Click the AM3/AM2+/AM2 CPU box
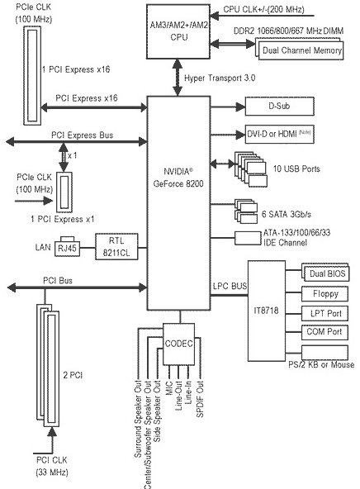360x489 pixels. [178, 31]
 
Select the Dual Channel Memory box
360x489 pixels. [300, 49]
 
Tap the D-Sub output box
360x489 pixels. [280, 106]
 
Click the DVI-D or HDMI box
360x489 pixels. [280, 134]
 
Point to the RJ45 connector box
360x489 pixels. [68, 249]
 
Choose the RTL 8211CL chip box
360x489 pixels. [116, 246]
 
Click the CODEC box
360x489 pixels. [179, 344]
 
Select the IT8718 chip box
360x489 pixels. [267, 311]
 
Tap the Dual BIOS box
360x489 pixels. [326, 273]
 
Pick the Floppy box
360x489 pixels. [324, 294]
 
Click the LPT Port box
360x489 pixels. [324, 313]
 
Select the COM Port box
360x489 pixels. [324, 332]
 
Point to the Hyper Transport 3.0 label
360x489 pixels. [220, 78]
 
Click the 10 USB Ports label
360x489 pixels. [296, 169]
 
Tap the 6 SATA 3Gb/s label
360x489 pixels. [287, 214]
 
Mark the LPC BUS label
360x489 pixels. [230, 286]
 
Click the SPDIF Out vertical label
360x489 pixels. [200, 399]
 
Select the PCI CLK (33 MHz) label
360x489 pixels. [52, 466]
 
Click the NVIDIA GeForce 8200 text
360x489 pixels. [178, 178]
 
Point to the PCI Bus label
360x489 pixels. [58, 280]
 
